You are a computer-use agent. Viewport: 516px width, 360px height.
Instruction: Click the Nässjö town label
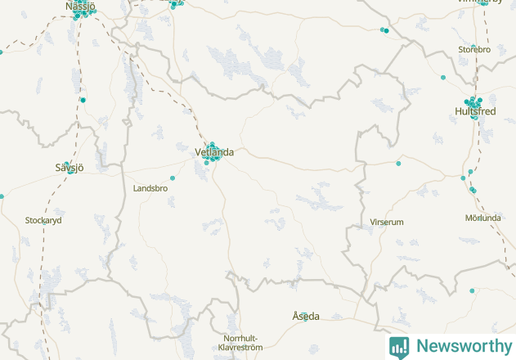point(80,7)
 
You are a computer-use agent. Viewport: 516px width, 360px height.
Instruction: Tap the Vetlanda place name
point(214,152)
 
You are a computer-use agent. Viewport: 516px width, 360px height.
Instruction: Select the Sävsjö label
point(70,167)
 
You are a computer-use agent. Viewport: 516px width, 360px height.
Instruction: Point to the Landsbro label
point(150,188)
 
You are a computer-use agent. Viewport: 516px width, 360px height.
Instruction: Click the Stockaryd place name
point(43,220)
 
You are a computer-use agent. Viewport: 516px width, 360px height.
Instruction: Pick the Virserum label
point(387,222)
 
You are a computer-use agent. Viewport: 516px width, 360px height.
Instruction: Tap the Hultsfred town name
point(475,111)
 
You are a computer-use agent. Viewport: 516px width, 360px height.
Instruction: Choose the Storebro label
point(474,50)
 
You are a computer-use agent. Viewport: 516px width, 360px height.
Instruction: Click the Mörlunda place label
point(482,218)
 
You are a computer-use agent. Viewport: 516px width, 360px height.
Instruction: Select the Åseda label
point(306,316)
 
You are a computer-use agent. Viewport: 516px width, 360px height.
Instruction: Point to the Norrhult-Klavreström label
point(243,343)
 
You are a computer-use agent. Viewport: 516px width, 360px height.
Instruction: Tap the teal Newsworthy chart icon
point(399,346)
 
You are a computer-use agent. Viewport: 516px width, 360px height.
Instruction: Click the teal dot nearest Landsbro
point(173,178)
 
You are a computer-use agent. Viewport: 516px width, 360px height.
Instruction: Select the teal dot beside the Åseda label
point(305,320)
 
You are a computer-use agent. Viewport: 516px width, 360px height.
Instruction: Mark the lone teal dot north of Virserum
point(398,164)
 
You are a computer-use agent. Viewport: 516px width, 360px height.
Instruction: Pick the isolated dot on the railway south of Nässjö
point(83,100)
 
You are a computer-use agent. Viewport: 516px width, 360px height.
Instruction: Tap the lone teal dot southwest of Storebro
point(443,78)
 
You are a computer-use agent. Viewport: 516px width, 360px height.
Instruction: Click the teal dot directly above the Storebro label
point(473,46)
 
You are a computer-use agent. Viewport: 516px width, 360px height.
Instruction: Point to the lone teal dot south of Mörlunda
point(472,290)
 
